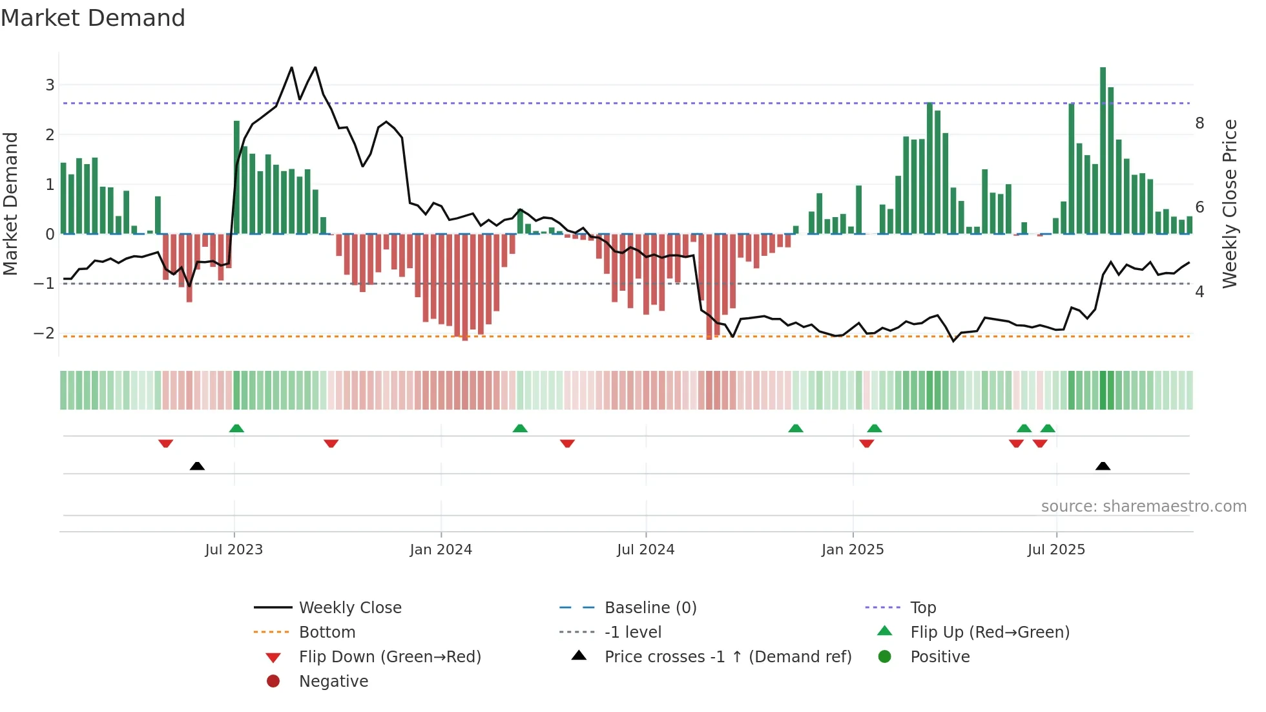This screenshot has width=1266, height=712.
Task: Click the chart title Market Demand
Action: pos(93,18)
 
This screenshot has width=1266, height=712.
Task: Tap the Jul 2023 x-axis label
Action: pos(234,550)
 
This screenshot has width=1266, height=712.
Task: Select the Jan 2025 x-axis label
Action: pos(853,550)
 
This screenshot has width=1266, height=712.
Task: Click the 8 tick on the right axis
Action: pos(1199,123)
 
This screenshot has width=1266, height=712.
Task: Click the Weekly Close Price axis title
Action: pos(1230,204)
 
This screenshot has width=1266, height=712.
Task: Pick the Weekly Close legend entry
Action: pos(349,608)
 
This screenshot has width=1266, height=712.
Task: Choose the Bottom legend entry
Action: pos(327,633)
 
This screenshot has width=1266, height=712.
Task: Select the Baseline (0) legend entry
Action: pos(650,608)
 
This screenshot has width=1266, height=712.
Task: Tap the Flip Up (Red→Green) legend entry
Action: pos(990,633)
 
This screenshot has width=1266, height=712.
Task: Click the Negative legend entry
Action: pos(333,682)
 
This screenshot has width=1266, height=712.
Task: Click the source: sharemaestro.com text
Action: pos(1143,507)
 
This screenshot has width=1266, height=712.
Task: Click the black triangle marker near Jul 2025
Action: pos(1103,466)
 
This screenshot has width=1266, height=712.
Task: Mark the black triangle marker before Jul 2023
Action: pos(197,466)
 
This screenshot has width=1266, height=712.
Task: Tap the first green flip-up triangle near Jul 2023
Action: pos(236,428)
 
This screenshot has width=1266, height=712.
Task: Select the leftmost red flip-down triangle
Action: pos(165,443)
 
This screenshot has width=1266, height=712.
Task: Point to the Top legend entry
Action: pos(922,608)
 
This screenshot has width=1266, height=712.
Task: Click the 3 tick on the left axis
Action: pos(50,85)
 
